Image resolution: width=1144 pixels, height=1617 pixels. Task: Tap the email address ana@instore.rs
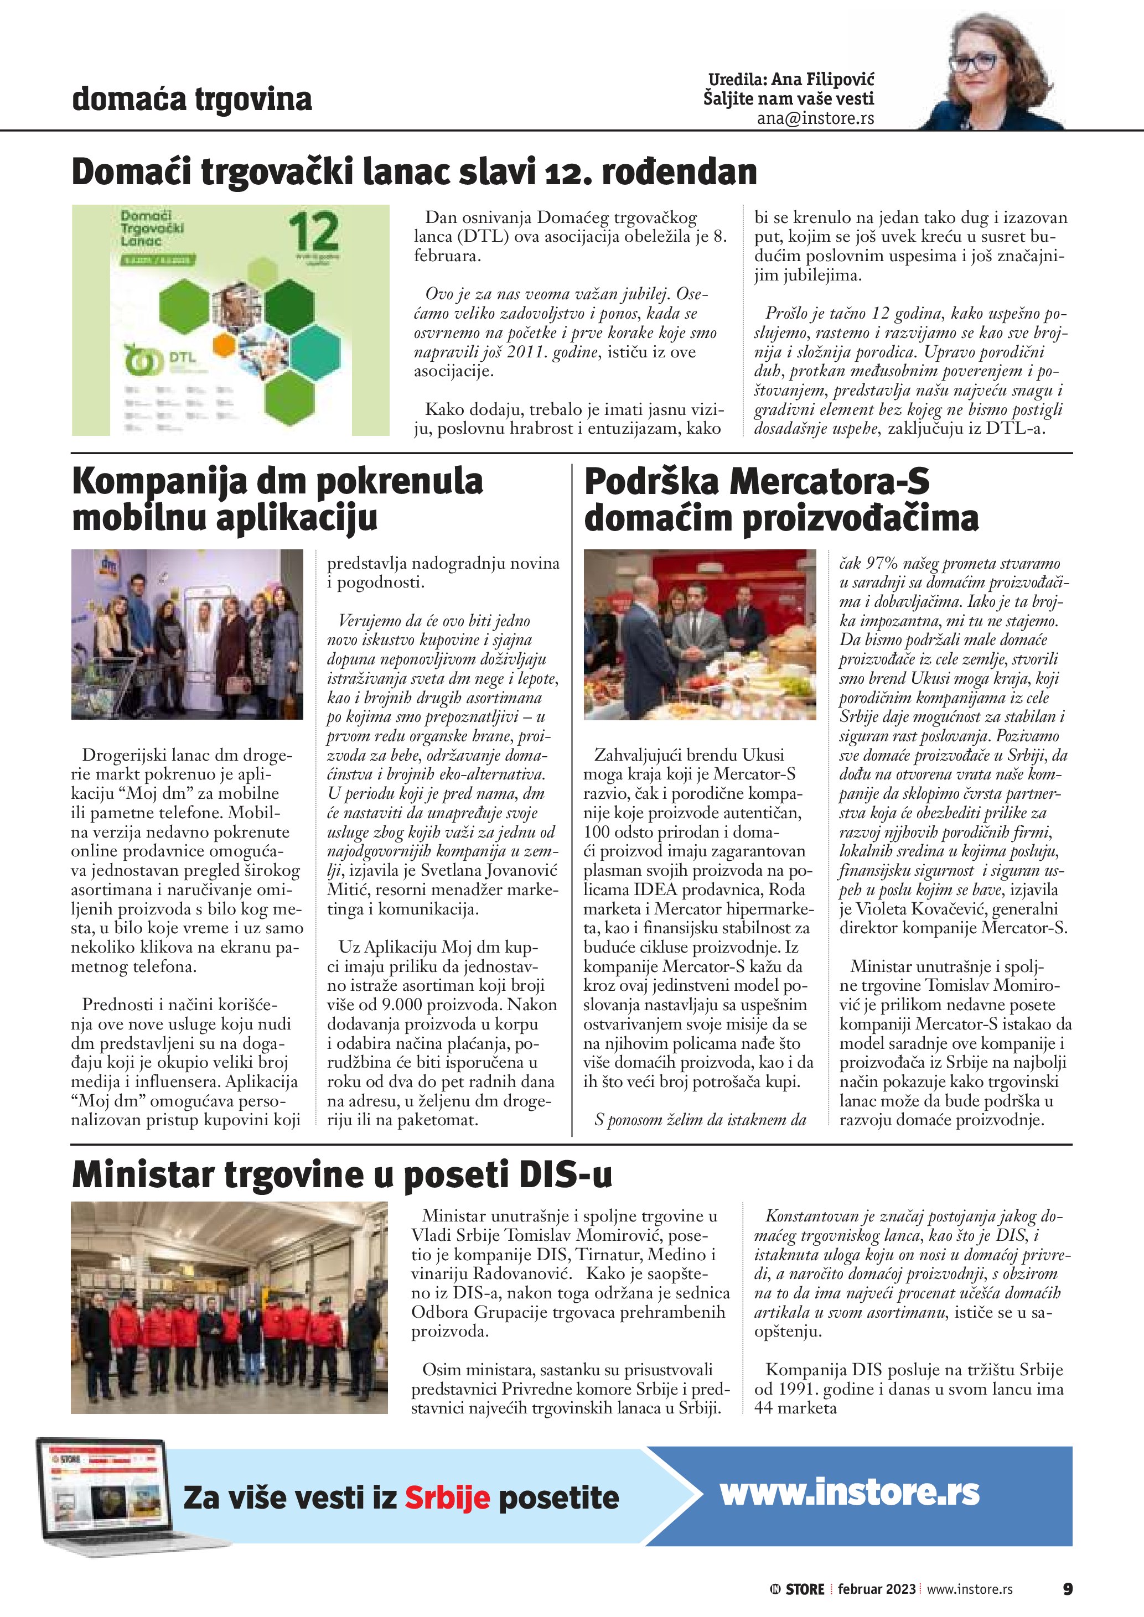click(x=815, y=118)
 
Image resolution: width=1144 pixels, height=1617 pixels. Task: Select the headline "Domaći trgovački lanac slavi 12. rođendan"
click(x=414, y=172)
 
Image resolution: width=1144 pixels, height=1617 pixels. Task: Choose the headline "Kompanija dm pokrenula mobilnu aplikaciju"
click(x=277, y=500)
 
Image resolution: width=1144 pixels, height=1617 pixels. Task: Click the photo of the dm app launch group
click(x=188, y=634)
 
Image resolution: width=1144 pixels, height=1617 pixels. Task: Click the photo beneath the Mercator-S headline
click(x=700, y=634)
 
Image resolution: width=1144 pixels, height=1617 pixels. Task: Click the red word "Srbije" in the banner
click(x=447, y=1498)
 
